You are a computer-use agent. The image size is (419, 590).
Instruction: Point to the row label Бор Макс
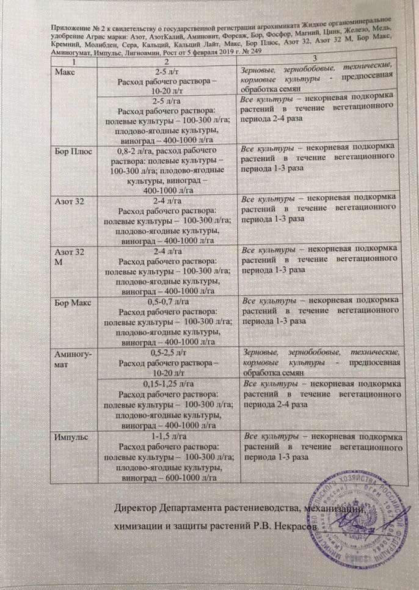(x=75, y=302)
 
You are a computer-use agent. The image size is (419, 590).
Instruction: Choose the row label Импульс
(x=72, y=438)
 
